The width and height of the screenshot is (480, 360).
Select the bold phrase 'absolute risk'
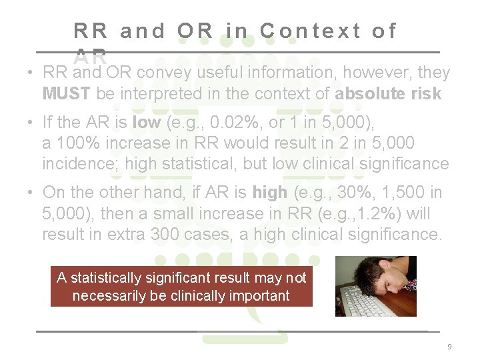point(388,93)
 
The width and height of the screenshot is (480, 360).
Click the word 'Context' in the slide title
point(311,31)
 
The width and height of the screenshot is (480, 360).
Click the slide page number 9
point(449,347)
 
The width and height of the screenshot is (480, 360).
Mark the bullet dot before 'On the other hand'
point(31,193)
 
